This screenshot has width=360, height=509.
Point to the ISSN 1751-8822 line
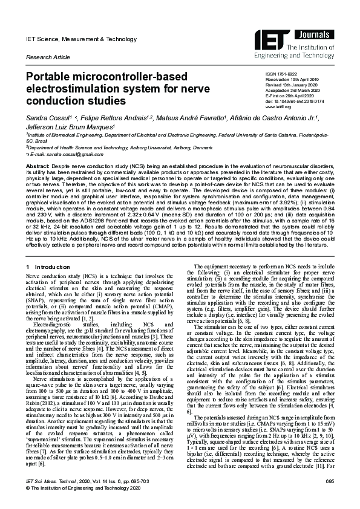coord(283,73)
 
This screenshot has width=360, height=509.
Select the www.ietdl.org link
coord(278,107)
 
